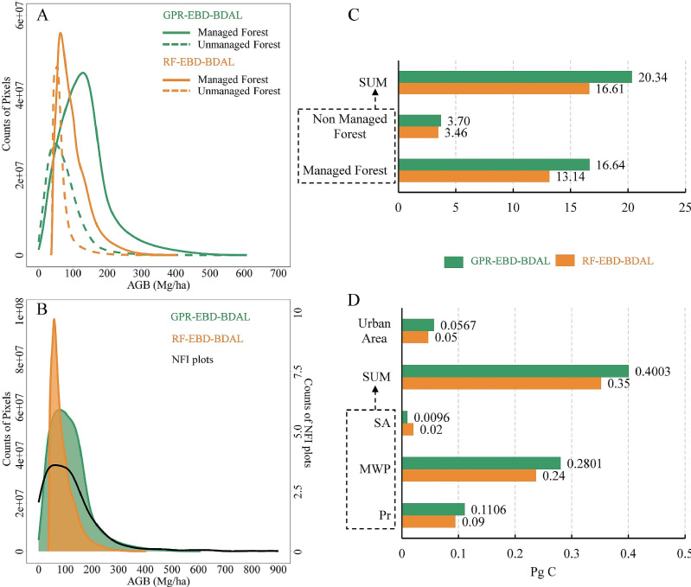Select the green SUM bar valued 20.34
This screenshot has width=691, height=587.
point(515,76)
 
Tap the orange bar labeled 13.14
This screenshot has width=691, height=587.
point(473,176)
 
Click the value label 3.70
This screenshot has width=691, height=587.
point(458,120)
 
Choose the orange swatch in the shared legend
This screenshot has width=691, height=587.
point(568,260)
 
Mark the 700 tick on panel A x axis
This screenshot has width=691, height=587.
point(278,274)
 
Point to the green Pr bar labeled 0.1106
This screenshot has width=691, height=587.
point(433,509)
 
